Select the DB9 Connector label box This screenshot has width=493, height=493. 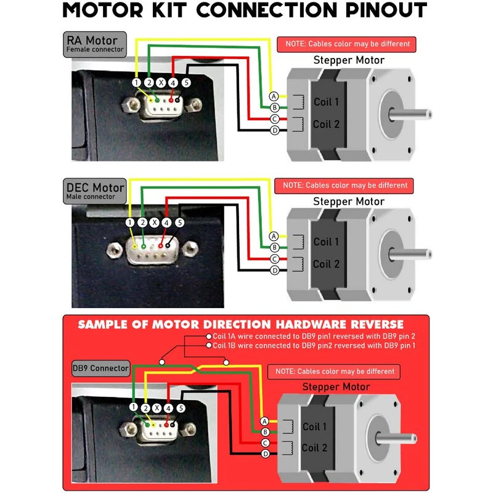pyautogui.click(x=100, y=369)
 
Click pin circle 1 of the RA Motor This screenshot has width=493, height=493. pyautogui.click(x=136, y=82)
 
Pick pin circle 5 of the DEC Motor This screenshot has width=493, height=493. pyautogui.click(x=180, y=222)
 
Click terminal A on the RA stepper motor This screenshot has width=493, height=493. pyautogui.click(x=274, y=96)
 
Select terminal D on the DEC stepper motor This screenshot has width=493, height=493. pyautogui.click(x=274, y=271)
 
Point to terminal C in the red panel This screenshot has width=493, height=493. pyautogui.click(x=265, y=443)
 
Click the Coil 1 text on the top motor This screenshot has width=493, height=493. pyautogui.click(x=326, y=102)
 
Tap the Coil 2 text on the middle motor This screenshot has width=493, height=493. pyautogui.click(x=326, y=264)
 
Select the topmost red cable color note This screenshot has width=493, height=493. pyautogui.click(x=347, y=44)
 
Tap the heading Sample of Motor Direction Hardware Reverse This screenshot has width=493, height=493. pyautogui.click(x=241, y=324)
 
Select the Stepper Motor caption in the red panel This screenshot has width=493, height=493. pyautogui.click(x=336, y=387)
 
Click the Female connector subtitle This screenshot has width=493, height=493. pyautogui.click(x=96, y=50)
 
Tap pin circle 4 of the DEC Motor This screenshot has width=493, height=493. pyautogui.click(x=167, y=222)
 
